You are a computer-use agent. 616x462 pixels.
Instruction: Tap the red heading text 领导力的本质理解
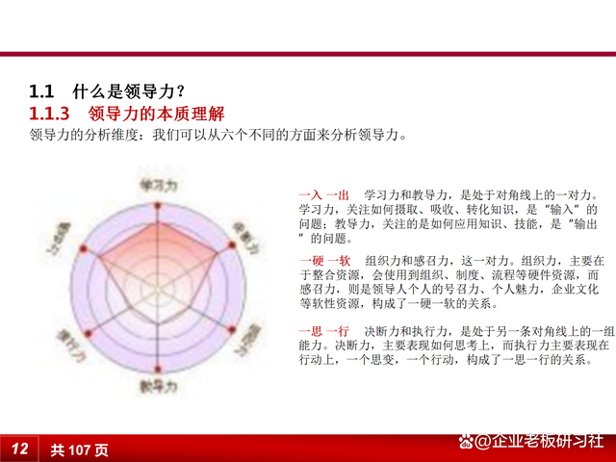click(162, 115)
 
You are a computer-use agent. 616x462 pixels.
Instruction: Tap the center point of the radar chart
click(158, 285)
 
